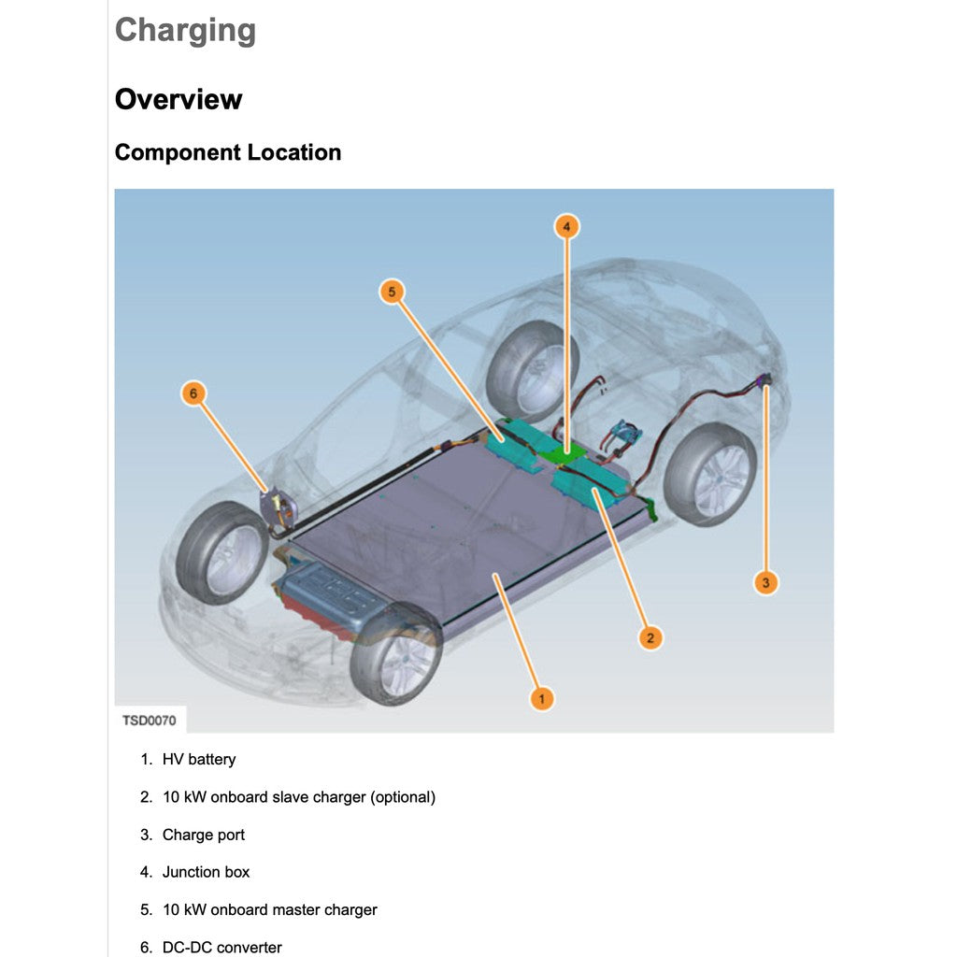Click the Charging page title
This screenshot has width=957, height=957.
[185, 31]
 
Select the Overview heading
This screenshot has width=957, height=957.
[179, 99]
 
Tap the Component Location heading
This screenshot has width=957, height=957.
[228, 152]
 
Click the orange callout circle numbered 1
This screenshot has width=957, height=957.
[541, 698]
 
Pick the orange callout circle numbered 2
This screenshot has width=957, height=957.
[650, 638]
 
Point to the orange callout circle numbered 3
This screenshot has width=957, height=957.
[765, 583]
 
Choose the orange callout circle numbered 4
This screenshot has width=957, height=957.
[565, 226]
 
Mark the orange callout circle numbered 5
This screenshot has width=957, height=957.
[393, 292]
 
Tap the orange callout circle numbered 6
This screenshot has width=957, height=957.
[193, 393]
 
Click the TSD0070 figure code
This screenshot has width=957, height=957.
[150, 721]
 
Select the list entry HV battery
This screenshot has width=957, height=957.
[199, 760]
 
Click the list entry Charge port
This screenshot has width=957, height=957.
[204, 835]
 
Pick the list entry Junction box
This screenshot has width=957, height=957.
[207, 872]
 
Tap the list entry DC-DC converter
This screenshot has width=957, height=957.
[222, 947]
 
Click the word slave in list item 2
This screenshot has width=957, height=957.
[293, 797]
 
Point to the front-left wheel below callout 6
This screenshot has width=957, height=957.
[221, 552]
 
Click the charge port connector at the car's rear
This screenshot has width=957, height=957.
[765, 380]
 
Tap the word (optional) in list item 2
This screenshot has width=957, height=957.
[403, 797]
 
